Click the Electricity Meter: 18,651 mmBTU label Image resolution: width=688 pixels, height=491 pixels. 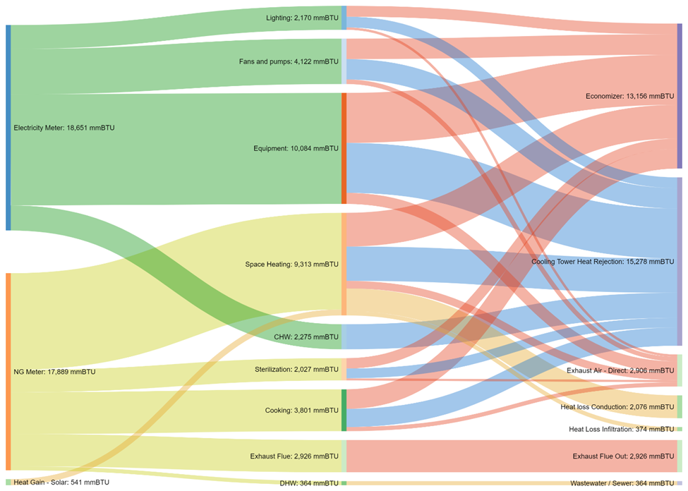coord(64,128)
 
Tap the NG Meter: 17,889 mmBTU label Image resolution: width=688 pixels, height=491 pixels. coord(54,372)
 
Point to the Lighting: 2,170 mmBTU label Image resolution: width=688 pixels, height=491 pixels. coord(302,18)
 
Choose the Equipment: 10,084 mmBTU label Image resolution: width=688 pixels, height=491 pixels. coord(296,148)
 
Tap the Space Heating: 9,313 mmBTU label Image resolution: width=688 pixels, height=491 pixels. coord(292,264)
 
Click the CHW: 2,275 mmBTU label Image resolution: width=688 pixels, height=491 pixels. coord(306,337)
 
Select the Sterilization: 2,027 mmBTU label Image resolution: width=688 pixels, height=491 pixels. coord(296,370)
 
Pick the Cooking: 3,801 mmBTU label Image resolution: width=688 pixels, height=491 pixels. coord(302,411)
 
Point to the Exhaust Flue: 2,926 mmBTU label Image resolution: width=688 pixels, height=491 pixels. coord(294,456)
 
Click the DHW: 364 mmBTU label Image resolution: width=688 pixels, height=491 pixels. coord(309,483)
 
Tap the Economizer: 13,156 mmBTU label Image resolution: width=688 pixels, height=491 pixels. coord(630,96)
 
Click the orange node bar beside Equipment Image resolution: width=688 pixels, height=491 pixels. coord(344,148)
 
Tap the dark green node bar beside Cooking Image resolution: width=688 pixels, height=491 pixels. coord(344,411)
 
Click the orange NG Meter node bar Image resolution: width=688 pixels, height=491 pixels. coord(8,372)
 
